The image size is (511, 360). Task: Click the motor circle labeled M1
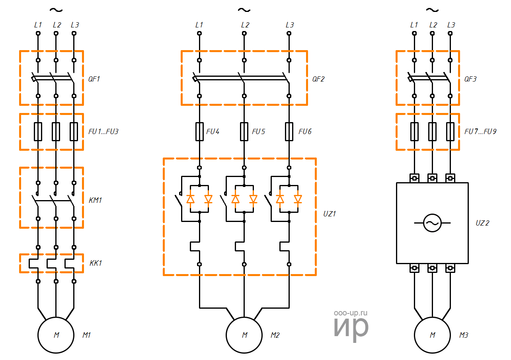pos(56,335)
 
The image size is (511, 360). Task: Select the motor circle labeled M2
pos(244,335)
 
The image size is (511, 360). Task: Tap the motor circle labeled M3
pos(433,335)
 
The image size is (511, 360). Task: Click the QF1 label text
pos(94,79)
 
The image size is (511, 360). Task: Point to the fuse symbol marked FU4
pos(199,132)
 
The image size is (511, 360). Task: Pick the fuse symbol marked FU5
pos(244,132)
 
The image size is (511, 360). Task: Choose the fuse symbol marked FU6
pos(289,132)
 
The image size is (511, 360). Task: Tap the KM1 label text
pos(95,200)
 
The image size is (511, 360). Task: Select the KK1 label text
pos(96,263)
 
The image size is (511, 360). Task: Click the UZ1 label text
pos(330,214)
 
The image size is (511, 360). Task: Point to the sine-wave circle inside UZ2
pos(432,223)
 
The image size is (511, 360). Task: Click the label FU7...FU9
pos(480,131)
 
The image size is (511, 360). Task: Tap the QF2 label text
pos(318,79)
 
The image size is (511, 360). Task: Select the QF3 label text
pos(470,79)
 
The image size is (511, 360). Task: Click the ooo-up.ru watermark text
pos(350,313)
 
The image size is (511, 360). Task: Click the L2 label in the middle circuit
pos(245,25)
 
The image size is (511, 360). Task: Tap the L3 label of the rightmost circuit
pos(451,25)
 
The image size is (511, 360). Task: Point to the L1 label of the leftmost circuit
pos(38,25)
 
